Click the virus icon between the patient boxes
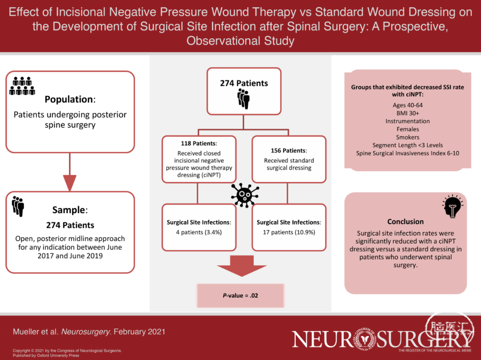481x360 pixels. pyautogui.click(x=245, y=195)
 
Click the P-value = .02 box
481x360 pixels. pyautogui.click(x=241, y=295)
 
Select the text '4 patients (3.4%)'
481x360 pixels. pyautogui.click(x=199, y=232)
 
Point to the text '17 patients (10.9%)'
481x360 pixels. pyautogui.click(x=289, y=232)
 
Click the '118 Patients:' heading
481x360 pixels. pyautogui.click(x=199, y=143)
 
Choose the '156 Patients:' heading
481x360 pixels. pyautogui.click(x=289, y=150)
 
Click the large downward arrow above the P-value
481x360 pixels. pyautogui.click(x=242, y=266)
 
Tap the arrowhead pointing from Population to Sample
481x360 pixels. pyautogui.click(x=70, y=183)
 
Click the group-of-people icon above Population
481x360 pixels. pyautogui.click(x=22, y=86)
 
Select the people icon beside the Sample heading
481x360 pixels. pyautogui.click(x=18, y=206)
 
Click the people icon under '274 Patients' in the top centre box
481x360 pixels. pyautogui.click(x=244, y=99)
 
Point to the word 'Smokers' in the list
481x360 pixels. pyautogui.click(x=408, y=137)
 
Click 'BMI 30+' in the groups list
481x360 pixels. pyautogui.click(x=408, y=113)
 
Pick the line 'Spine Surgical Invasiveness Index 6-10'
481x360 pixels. pyautogui.click(x=408, y=153)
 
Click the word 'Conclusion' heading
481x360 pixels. pyautogui.click(x=405, y=222)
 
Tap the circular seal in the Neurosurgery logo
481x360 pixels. pyautogui.click(x=365, y=339)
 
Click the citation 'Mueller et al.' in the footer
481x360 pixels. pyautogui.click(x=35, y=332)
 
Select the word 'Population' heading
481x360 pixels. pyautogui.click(x=69, y=99)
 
